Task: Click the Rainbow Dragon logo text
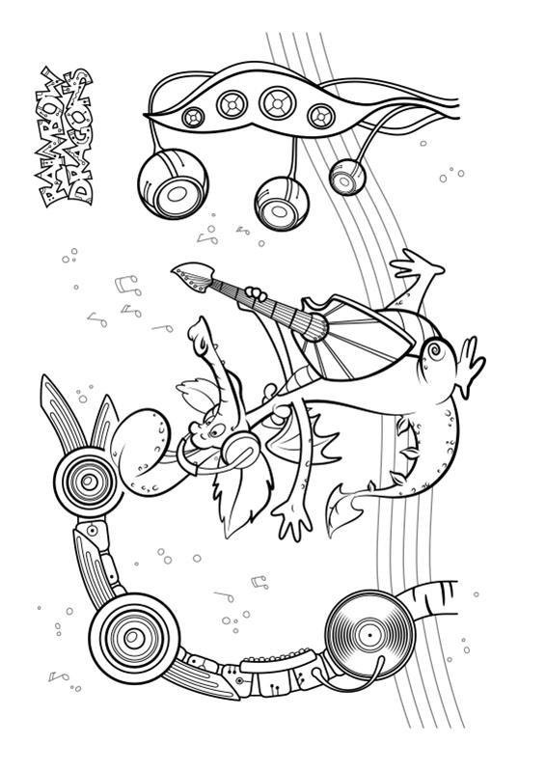tap(66, 136)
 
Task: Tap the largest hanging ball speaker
tap(173, 183)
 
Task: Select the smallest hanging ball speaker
tap(347, 177)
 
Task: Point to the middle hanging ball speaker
tap(282, 204)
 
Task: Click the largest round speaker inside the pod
tap(278, 103)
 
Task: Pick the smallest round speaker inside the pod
tap(193, 117)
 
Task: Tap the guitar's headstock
tap(193, 277)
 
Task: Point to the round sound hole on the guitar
tap(315, 327)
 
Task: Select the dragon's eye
tap(216, 431)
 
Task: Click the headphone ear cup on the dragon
tap(240, 448)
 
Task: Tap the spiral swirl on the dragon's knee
tap(435, 351)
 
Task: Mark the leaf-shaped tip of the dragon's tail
tap(347, 508)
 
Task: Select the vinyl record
tap(369, 635)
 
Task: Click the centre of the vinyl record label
tap(369, 635)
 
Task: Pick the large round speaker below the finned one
tap(134, 638)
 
